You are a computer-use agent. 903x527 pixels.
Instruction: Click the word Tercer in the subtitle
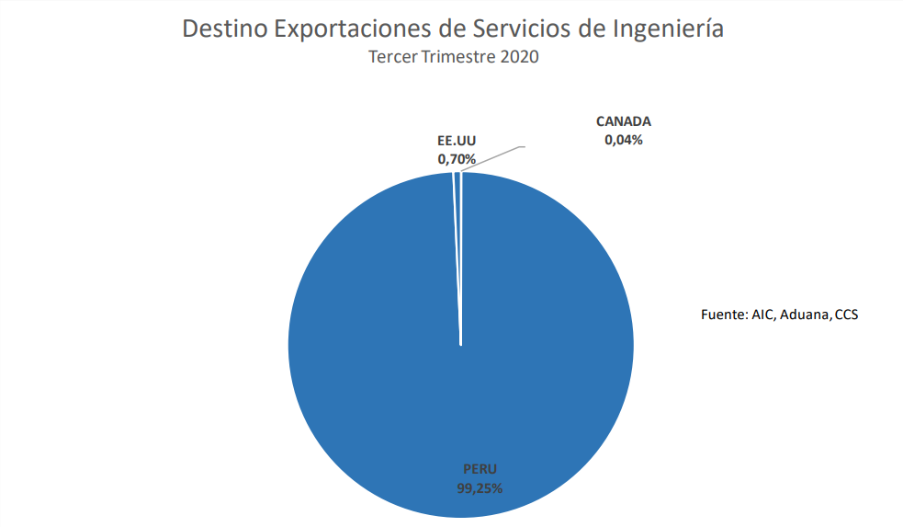pos(394,57)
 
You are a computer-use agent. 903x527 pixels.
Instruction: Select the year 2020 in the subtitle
pos(519,57)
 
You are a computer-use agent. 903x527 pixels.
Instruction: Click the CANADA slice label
pos(623,121)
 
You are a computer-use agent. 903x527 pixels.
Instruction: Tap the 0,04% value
pos(623,140)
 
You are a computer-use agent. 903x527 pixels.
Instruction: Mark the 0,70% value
pos(457,159)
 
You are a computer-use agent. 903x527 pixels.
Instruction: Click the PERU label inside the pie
pos(479,469)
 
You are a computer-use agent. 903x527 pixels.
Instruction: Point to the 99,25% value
pos(479,488)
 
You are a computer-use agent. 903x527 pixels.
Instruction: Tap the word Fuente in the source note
pos(722,315)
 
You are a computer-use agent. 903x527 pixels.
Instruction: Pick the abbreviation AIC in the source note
pos(762,315)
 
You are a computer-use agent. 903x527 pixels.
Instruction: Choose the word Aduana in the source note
pos(806,315)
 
